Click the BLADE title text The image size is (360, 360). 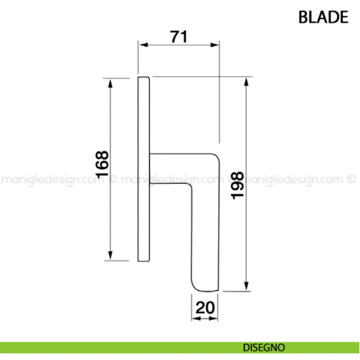click(323, 17)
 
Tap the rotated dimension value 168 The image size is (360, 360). click(102, 166)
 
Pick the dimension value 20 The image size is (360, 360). click(206, 308)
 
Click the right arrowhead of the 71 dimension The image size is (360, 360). click(214, 46)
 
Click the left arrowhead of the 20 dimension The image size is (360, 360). click(196, 318)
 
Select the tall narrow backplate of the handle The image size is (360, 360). click(144, 168)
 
